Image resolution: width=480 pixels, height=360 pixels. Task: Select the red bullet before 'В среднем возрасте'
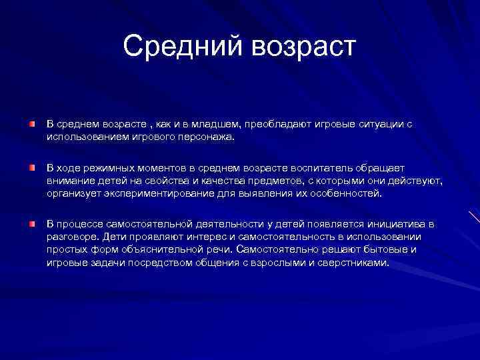pos(31,125)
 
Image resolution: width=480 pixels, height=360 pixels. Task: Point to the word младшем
pos(215,125)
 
